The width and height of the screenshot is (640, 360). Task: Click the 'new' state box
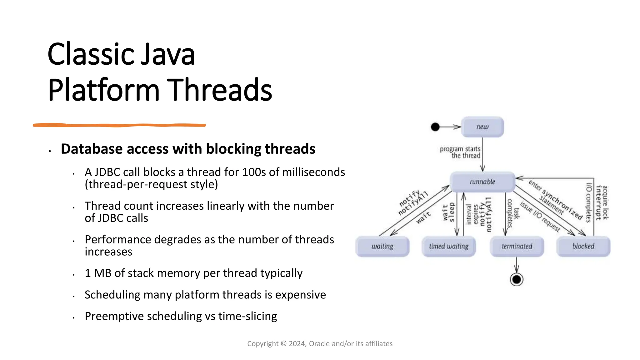[x=482, y=127]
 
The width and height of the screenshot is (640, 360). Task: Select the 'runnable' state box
[x=482, y=182]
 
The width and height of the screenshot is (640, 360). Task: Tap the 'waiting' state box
[x=382, y=247]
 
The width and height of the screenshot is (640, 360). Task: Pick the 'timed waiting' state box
[x=448, y=247]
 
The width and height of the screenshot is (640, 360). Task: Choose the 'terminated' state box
[x=517, y=247]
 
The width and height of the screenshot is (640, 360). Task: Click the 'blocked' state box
[x=583, y=247]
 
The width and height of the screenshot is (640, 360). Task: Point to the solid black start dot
[x=435, y=127]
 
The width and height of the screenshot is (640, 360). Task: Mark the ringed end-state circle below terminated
[x=517, y=279]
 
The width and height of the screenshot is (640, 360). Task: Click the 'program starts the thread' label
[x=460, y=152]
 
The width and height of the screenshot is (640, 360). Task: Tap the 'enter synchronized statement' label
[x=555, y=200]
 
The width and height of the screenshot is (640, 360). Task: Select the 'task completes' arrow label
[x=513, y=213]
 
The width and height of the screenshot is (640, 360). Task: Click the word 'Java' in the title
[x=167, y=55]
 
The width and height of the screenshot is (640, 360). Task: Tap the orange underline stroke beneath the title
[x=119, y=125]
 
